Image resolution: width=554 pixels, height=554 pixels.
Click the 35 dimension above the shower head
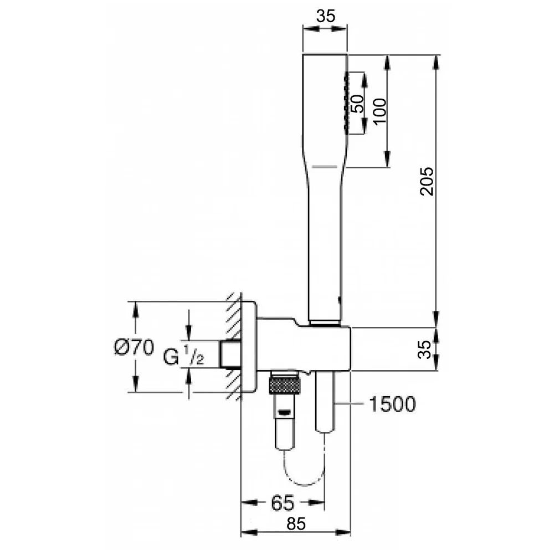325,16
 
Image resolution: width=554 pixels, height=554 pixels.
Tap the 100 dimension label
380,111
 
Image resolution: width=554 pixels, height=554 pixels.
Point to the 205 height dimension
427,181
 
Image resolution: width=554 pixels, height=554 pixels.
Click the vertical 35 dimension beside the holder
424,350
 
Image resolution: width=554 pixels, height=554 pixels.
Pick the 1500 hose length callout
392,404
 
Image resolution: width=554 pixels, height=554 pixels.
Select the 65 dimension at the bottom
283,502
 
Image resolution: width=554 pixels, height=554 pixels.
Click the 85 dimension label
296,524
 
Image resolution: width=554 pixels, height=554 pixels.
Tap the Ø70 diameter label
134,347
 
